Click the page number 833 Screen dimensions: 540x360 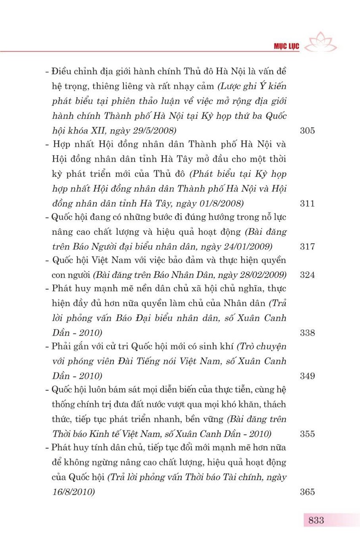316,520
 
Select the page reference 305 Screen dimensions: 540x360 307,131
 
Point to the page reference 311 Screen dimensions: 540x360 307,204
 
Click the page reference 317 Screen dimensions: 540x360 307,247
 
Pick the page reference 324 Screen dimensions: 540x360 307,275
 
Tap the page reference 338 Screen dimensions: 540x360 307,333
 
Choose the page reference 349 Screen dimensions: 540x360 307,376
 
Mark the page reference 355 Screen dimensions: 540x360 307,434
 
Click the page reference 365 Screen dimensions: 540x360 307,492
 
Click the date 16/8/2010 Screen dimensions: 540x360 72,492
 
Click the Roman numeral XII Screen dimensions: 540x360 102,131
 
